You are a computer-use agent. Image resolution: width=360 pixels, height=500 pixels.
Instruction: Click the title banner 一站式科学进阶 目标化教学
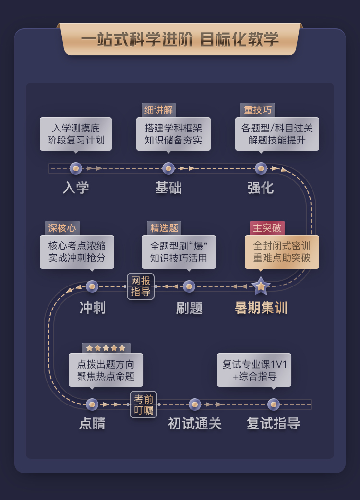[x=180, y=39]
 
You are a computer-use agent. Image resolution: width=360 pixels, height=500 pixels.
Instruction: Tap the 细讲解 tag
[x=158, y=110]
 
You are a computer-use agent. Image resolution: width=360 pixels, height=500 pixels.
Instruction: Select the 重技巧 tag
[x=258, y=110]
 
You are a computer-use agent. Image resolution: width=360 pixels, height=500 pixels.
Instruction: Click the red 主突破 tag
[x=267, y=228]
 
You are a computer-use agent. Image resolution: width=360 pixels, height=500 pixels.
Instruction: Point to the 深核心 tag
[x=62, y=228]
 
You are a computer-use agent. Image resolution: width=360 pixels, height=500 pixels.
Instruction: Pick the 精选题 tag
[x=164, y=228]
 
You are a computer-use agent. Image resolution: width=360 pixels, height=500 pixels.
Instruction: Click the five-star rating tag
[x=106, y=348]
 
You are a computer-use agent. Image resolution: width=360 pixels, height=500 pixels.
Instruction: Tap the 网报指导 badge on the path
[x=141, y=286]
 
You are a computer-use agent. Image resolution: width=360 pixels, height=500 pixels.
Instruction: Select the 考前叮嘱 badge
[x=144, y=405]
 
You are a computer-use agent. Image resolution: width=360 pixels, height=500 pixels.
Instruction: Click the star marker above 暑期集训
[x=261, y=286]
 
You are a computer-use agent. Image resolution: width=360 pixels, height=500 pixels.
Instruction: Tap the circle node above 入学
[x=76, y=168]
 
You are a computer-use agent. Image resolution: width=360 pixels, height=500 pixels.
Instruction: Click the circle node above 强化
[x=261, y=168]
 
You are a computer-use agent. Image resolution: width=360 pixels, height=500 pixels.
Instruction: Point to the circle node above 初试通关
[x=195, y=405]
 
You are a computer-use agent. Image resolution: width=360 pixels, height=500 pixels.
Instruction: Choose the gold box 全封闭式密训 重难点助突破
[x=282, y=252]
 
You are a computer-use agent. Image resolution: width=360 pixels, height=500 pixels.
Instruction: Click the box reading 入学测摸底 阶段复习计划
[x=76, y=134]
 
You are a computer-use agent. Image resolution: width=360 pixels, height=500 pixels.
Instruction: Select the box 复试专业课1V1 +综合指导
[x=254, y=370]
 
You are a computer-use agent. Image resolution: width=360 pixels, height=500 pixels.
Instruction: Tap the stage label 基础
[x=168, y=188]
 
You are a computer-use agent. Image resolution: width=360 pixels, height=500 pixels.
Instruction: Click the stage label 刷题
[x=189, y=308]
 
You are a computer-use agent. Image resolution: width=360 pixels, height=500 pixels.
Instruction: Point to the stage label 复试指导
[x=273, y=424]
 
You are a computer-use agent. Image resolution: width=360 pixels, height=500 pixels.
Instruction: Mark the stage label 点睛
[x=92, y=424]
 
